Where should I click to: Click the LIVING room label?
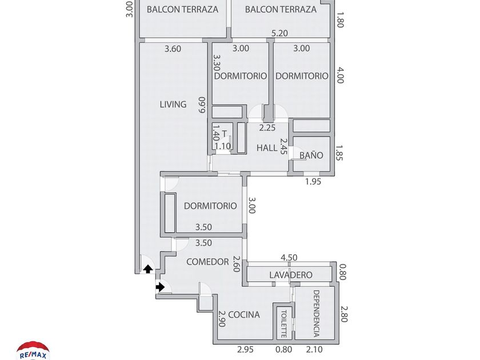pyautogui.click(x=173, y=105)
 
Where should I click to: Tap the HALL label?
pyautogui.click(x=267, y=148)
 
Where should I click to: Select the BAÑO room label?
pyautogui.click(x=311, y=155)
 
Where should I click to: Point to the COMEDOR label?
pyautogui.click(x=207, y=262)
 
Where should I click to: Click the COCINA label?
pyautogui.click(x=244, y=314)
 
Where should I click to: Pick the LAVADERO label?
pyautogui.click(x=291, y=275)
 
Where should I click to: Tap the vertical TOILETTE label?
pyautogui.click(x=283, y=324)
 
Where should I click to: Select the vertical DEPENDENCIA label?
pyautogui.click(x=316, y=313)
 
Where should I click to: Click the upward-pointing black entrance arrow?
pyautogui.click(x=148, y=269)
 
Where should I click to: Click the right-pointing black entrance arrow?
pyautogui.click(x=160, y=287)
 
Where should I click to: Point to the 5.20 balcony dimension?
pyautogui.click(x=279, y=33)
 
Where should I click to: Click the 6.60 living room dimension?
pyautogui.click(x=202, y=105)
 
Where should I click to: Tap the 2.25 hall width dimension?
pyautogui.click(x=267, y=127)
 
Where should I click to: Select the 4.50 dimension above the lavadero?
pyautogui.click(x=289, y=258)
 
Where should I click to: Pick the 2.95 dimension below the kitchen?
pyautogui.click(x=245, y=349)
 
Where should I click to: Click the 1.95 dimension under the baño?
pyautogui.click(x=313, y=182)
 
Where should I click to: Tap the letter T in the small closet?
pyautogui.click(x=225, y=134)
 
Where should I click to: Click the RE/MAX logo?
pyautogui.click(x=33, y=351)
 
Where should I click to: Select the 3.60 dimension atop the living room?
pyautogui.click(x=173, y=49)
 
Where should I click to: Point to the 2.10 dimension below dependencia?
pyautogui.click(x=314, y=349)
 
